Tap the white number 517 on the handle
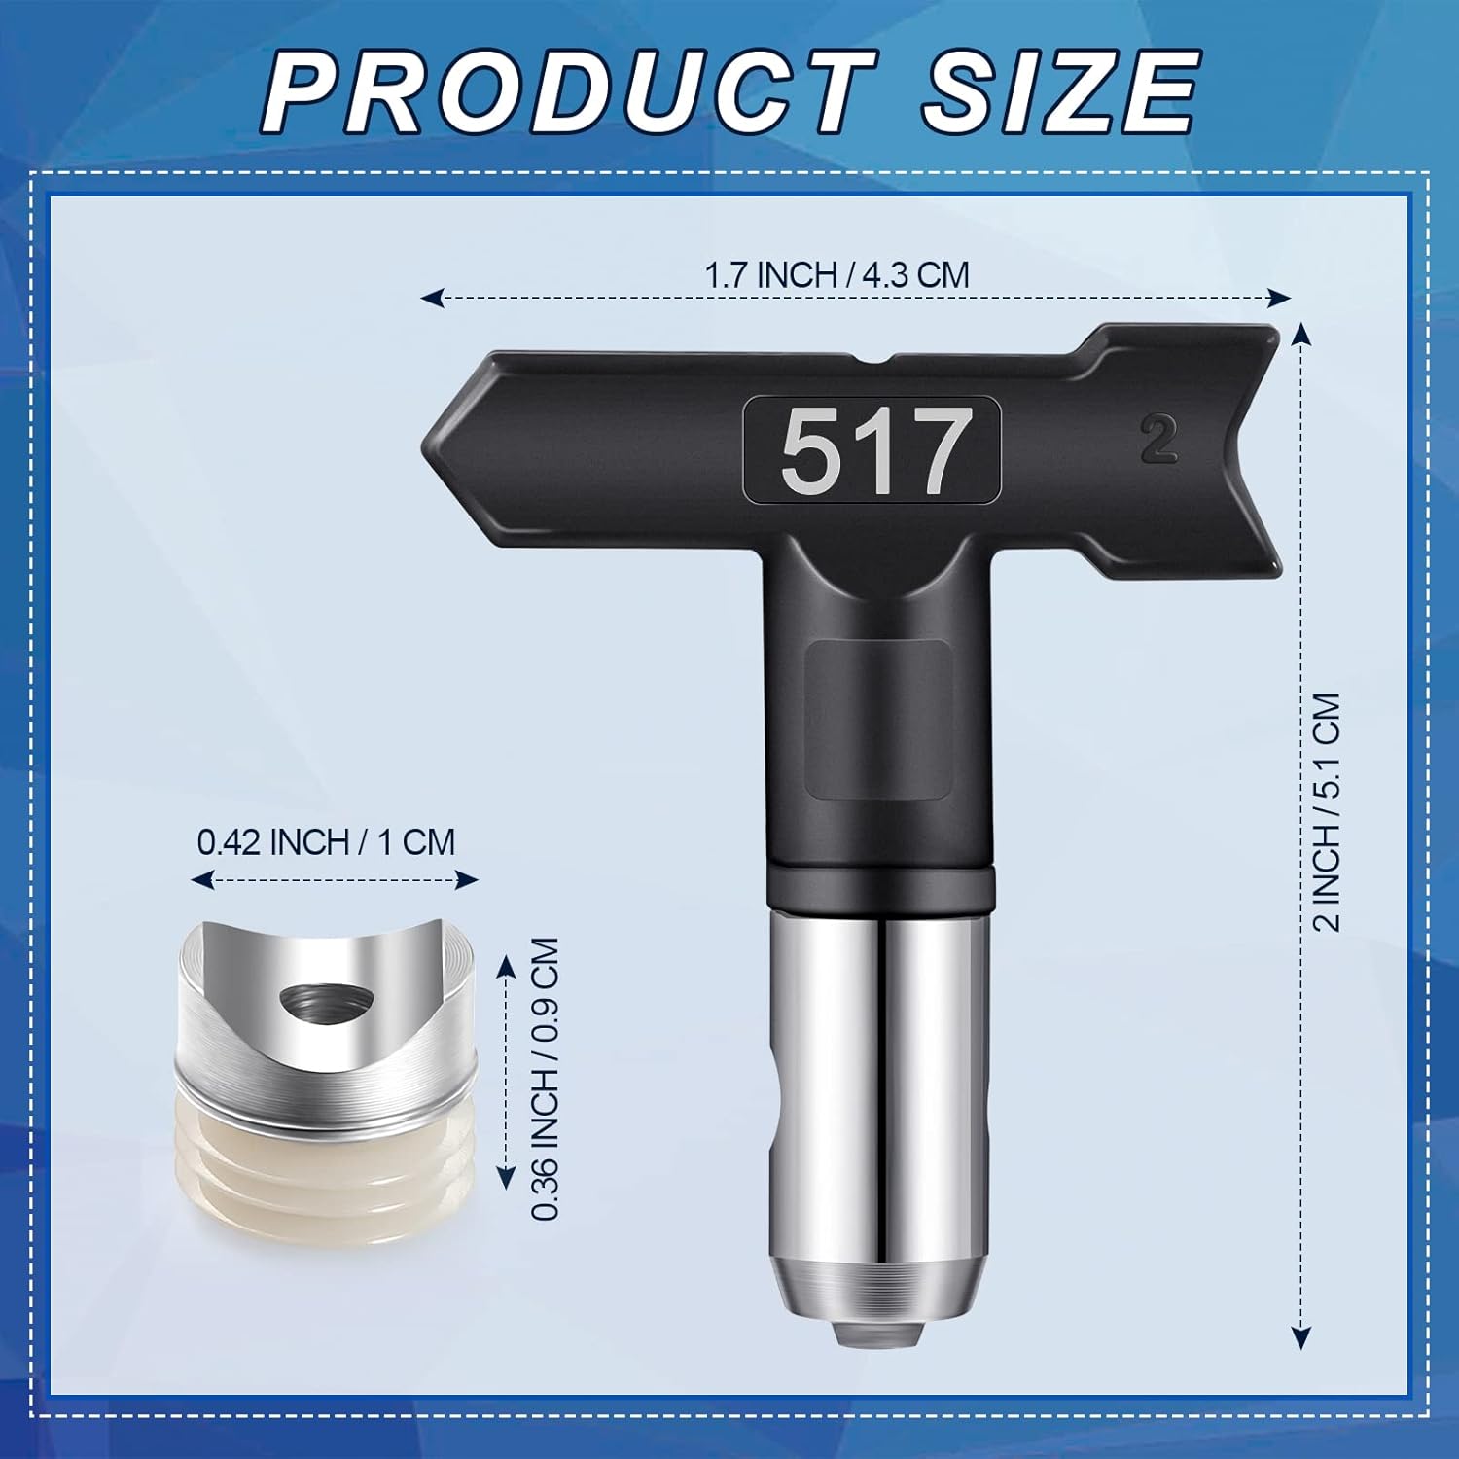pyautogui.click(x=871, y=450)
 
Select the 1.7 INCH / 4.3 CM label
pyautogui.click(x=836, y=275)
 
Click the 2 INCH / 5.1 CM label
pyautogui.click(x=1327, y=812)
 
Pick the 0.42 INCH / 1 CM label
pyautogui.click(x=326, y=841)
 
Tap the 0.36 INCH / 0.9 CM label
pyautogui.click(x=547, y=1079)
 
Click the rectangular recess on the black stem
pyautogui.click(x=878, y=720)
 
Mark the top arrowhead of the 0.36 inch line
pyautogui.click(x=506, y=963)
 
